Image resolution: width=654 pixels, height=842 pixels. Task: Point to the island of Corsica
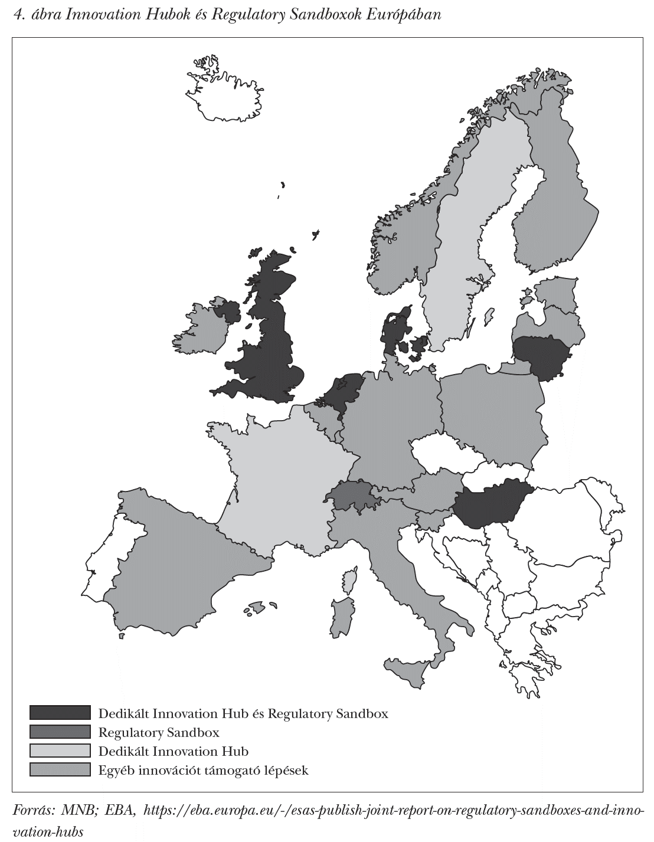click(350, 581)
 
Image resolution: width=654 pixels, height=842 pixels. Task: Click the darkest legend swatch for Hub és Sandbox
click(60, 713)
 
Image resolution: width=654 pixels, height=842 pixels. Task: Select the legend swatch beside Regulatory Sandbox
click(60, 732)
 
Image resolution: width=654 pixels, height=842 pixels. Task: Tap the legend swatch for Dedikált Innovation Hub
click(60, 751)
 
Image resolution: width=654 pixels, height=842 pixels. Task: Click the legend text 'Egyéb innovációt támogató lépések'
click(204, 770)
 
